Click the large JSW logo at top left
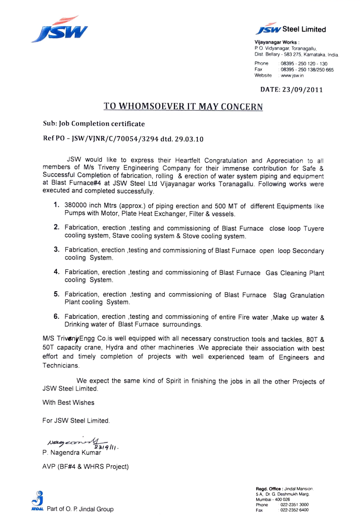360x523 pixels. pos(59,30)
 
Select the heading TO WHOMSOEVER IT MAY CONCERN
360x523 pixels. pos(183,106)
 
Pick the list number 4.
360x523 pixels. pos(57,272)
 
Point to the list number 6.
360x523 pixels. pos(57,316)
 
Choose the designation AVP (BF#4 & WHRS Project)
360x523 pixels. pos(86,467)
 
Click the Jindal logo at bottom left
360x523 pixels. pos(35,502)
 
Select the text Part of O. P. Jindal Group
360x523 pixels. pos(80,509)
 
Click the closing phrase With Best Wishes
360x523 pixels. pos(69,402)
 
